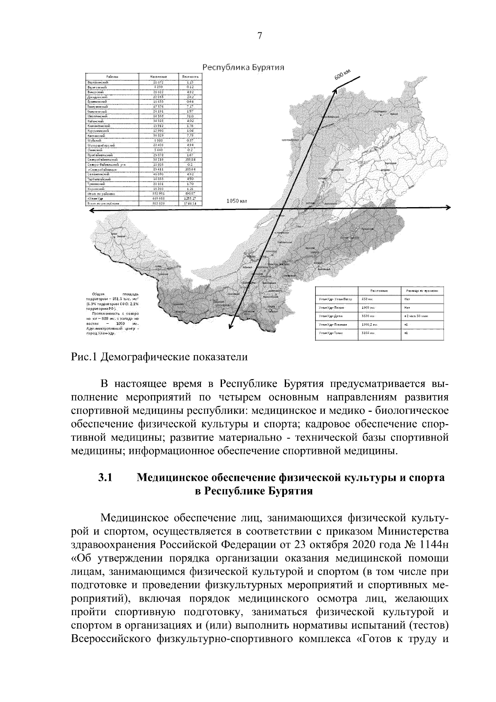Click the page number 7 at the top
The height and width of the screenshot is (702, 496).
[x=260, y=36]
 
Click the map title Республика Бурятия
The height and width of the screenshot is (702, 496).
[x=244, y=68]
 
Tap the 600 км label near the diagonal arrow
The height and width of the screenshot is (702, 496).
[x=342, y=76]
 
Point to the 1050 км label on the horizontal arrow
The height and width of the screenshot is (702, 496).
[x=236, y=201]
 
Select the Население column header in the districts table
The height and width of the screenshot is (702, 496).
[x=158, y=76]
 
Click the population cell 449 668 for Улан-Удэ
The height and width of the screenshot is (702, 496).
[x=158, y=199]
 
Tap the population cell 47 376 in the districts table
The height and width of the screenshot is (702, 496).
[x=158, y=106]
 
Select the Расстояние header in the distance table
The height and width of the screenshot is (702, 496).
[x=379, y=291]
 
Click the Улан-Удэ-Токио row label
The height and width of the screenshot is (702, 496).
[x=331, y=333]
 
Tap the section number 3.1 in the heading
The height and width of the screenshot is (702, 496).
[x=105, y=478]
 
